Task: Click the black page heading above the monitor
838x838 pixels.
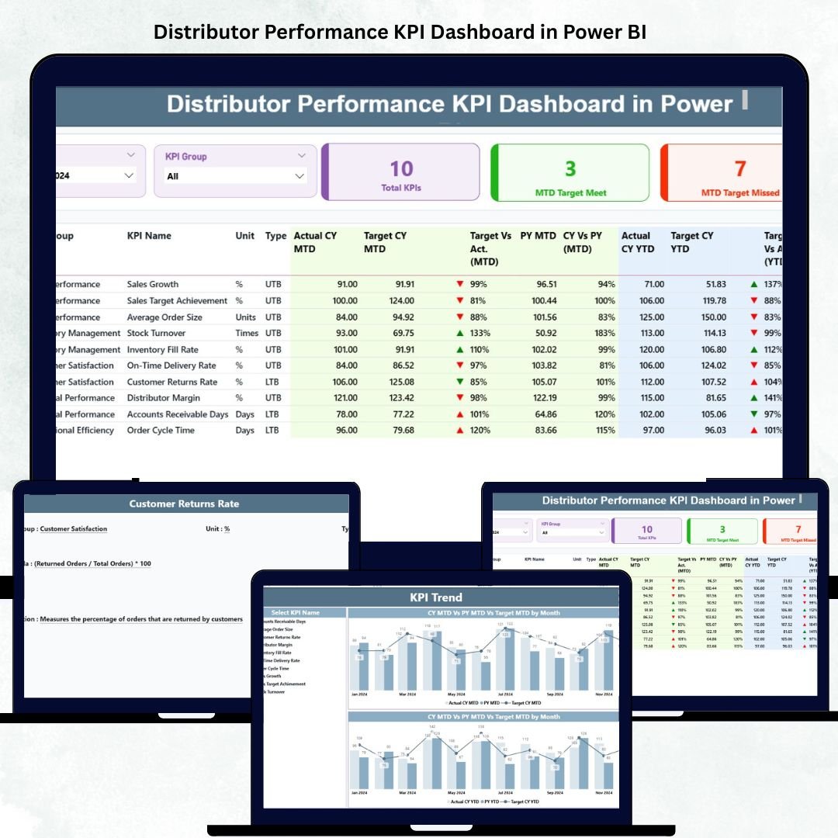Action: click(400, 32)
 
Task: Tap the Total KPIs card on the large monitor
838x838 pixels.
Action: click(400, 172)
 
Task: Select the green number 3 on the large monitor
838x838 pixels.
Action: click(570, 168)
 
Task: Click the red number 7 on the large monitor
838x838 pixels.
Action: click(740, 168)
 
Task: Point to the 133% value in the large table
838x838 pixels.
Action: click(478, 333)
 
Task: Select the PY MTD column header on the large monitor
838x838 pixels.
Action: click(538, 236)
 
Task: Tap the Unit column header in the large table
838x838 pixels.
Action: click(245, 236)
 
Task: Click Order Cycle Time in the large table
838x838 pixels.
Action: click(161, 431)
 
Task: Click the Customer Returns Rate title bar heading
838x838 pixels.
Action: click(184, 504)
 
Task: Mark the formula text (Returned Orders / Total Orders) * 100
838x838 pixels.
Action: click(92, 563)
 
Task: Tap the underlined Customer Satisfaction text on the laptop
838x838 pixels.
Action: click(74, 529)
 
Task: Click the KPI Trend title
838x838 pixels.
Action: click(436, 597)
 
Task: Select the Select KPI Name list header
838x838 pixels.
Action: click(291, 613)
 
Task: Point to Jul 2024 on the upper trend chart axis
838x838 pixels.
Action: click(504, 694)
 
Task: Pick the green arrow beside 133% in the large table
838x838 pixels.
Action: click(460, 333)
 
